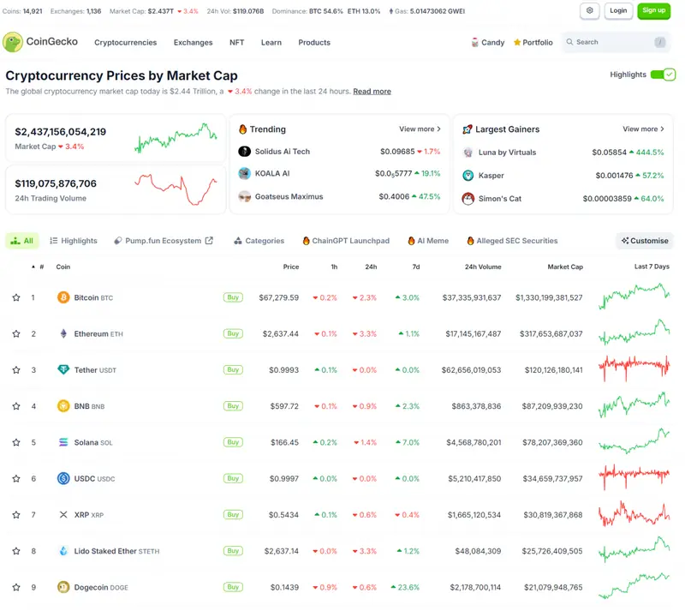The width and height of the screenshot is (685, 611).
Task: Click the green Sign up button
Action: pos(653,11)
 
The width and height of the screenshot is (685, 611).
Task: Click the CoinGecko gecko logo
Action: pos(13,42)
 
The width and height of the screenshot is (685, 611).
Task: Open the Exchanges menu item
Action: pos(194,43)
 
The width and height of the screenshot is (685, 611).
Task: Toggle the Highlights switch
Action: pos(663,75)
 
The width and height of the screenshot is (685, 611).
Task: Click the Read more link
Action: pos(372,92)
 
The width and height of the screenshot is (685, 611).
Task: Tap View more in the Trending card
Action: pos(420,129)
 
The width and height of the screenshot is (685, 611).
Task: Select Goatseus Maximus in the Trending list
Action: pos(289,197)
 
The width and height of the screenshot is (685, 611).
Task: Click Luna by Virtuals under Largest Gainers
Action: pos(507,153)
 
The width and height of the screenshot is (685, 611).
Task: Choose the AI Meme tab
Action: pos(428,241)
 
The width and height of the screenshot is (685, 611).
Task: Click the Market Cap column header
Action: pos(565,267)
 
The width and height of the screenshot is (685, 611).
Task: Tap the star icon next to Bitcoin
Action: pos(16,297)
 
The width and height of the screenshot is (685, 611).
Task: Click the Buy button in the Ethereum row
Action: pos(233,333)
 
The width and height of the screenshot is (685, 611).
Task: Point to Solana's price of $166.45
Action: pos(284,443)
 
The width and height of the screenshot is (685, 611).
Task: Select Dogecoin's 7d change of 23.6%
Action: pos(405,587)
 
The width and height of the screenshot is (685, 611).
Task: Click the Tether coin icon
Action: pos(63,369)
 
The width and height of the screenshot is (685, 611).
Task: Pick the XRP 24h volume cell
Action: pos(474,515)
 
